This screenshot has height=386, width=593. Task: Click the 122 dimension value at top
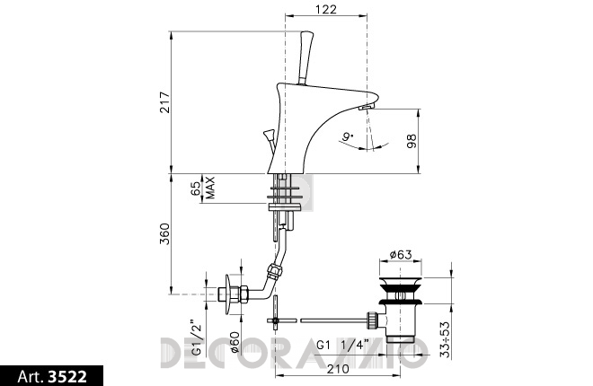pos(325,9)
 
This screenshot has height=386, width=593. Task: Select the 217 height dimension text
pos(165,102)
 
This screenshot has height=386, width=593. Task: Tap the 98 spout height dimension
pos(412,141)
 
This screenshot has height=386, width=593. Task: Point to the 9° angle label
pos(348,136)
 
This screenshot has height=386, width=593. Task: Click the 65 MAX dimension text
pos(203,188)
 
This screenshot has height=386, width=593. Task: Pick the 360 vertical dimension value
pos(165,233)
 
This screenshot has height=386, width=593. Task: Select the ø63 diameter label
pos(401,255)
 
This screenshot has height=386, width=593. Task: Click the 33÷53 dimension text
pos(446,339)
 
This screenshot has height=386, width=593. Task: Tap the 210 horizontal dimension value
pos(338,369)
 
